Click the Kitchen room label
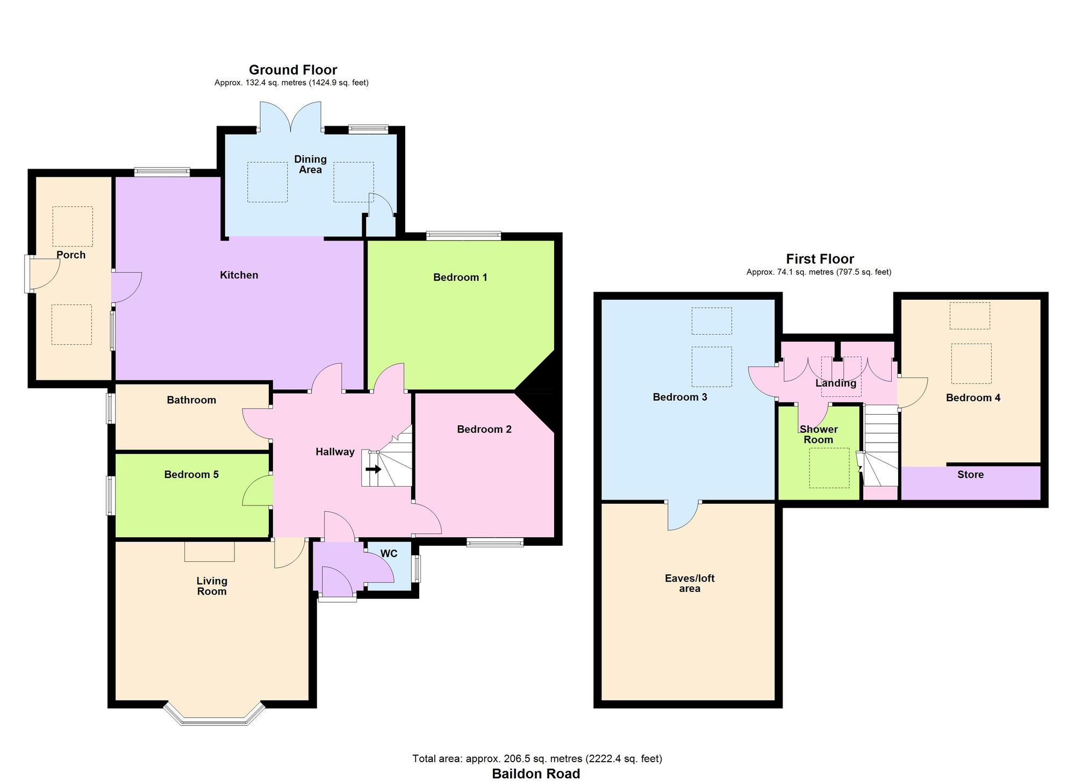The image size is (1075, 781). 239,275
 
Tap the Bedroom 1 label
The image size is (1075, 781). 460,277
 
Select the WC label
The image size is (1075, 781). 389,553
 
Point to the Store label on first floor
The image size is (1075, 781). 970,474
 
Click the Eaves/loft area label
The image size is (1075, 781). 689,583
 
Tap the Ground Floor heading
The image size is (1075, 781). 293,70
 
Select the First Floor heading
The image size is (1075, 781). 820,259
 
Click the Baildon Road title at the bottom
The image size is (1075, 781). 536,773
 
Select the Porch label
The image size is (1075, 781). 71,255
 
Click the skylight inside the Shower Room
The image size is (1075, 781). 829,468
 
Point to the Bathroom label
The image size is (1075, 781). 191,400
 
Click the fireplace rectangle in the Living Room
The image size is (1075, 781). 209,552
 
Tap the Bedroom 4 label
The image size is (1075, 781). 973,397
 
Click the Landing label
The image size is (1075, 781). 835,383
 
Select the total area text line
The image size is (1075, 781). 537,758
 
